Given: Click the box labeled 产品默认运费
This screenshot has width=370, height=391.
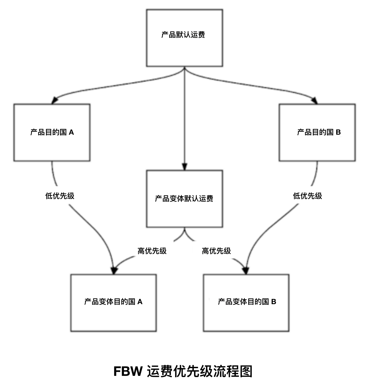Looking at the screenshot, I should coord(184,38).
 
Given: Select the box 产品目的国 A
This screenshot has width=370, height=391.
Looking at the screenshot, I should coord(52,132).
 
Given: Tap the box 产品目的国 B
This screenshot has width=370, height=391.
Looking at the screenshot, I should coord(317,132).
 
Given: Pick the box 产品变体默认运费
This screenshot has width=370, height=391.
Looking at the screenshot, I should coord(184,199).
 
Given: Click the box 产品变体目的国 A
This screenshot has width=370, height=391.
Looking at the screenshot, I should coord(113,303).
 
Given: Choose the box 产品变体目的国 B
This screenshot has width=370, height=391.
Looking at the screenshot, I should coord(246,303).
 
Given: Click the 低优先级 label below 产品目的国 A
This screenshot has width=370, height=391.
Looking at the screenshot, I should coord(60,196).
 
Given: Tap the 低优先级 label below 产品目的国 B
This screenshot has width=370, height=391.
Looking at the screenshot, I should coord(308,196).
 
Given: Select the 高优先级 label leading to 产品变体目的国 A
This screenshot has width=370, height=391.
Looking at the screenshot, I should coord(152,251).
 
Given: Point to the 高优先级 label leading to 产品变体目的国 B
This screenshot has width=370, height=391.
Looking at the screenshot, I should coord(216,251).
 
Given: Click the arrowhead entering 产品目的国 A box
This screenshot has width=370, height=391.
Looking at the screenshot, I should coord(54,100).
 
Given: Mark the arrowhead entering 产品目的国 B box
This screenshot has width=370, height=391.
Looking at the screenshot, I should coord(315,100).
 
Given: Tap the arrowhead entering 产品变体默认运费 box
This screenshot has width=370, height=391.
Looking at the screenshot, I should coord(184,167).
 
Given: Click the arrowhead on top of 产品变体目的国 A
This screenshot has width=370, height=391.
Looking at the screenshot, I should coord(114,270).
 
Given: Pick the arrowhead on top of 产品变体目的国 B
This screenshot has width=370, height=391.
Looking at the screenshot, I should coord(246,270).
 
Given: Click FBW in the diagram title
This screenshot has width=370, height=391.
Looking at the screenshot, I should coord(128,371).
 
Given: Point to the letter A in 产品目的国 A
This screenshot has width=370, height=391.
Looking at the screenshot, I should coord(71,132).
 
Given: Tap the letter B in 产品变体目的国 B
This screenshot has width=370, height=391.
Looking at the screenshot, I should coord(274,302).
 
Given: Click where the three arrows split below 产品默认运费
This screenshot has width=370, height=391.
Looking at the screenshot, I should coord(184,70).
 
